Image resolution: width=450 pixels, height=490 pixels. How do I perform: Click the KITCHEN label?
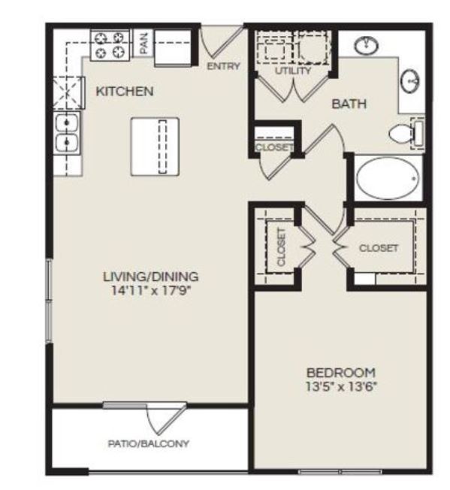click(125, 91)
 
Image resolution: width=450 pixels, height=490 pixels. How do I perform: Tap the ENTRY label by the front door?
click(224, 66)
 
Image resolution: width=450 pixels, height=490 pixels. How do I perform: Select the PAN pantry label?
click(143, 42)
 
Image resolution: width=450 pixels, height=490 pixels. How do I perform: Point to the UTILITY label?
click(293, 71)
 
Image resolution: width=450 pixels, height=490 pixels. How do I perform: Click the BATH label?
click(349, 104)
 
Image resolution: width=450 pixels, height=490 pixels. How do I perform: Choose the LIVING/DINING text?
click(151, 277)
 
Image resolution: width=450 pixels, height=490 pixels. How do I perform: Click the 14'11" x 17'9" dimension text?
click(151, 291)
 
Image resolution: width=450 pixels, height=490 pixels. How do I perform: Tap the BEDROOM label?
click(341, 373)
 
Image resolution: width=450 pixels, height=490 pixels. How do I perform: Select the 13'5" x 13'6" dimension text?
click(341, 387)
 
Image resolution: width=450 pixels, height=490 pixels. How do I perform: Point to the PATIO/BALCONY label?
click(148, 443)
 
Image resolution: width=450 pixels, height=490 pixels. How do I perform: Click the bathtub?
click(387, 178)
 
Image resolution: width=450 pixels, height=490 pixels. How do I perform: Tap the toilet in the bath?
click(406, 134)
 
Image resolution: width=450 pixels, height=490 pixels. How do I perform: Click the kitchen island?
click(155, 147)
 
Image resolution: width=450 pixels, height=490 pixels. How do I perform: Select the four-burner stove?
click(110, 45)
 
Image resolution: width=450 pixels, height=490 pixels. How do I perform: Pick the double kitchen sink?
click(67, 133)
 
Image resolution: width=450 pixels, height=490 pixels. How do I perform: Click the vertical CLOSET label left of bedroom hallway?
click(281, 247)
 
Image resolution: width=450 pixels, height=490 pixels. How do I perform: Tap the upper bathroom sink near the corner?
click(366, 45)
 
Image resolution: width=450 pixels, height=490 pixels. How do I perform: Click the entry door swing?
click(220, 43)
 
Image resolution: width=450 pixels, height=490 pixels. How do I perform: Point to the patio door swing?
click(167, 419)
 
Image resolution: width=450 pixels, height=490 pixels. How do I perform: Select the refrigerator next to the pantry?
click(173, 48)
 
